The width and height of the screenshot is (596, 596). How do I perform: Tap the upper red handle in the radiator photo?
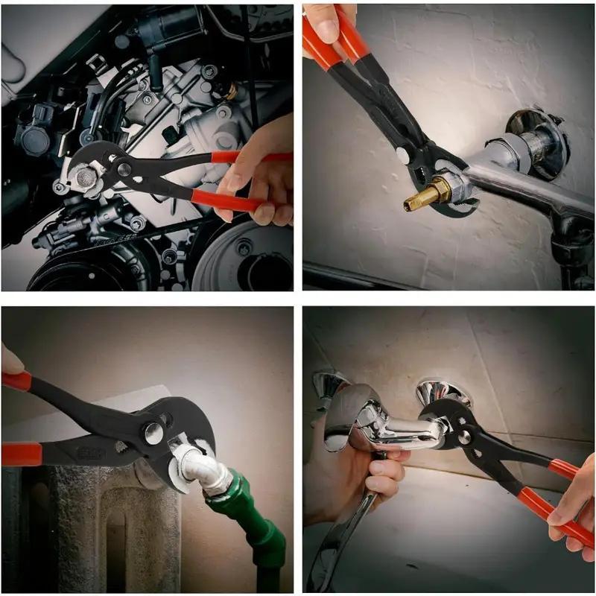point(16,381)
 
